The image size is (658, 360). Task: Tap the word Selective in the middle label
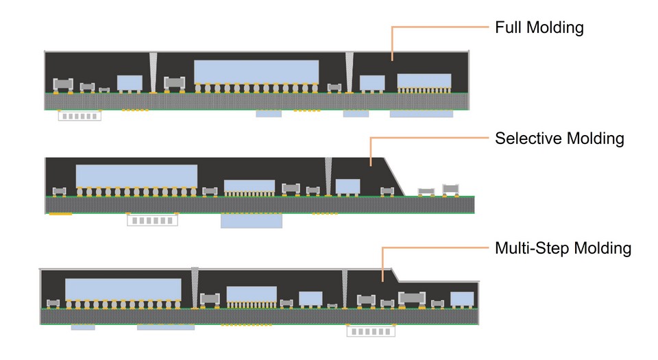point(528,139)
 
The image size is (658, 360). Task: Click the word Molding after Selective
point(596,139)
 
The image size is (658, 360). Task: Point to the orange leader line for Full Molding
point(439,27)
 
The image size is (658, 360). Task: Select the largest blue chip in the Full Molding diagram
point(256,71)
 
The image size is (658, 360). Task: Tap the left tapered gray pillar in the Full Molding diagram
point(153,71)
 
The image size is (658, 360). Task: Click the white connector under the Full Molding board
point(80,116)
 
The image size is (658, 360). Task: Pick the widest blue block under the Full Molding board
point(422,114)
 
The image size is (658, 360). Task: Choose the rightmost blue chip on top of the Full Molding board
point(424,80)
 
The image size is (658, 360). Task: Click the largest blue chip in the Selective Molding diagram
point(136,176)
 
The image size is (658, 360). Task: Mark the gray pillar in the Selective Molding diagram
point(328,176)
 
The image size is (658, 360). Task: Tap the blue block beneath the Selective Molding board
point(251,221)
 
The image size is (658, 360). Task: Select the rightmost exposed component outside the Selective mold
point(450,189)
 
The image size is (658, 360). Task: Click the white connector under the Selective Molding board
point(152,220)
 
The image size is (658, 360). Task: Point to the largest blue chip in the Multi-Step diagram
point(123,289)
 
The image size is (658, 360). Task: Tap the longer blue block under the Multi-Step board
point(165,328)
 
